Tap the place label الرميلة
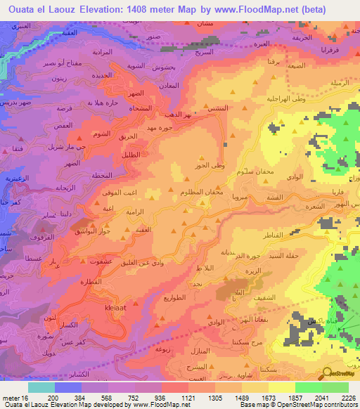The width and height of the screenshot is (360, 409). point(340,83)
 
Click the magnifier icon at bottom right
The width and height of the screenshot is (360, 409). point(328,374)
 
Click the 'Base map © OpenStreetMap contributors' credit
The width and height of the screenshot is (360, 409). point(297,405)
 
